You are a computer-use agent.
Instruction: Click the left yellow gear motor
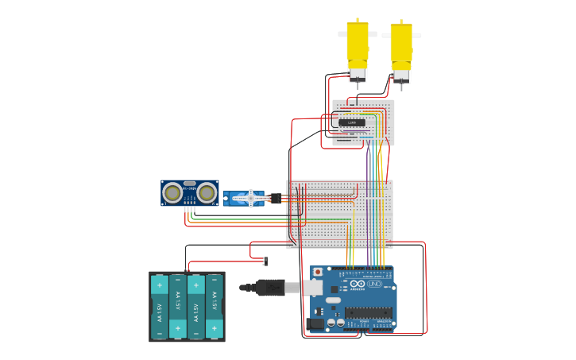pyautogui.click(x=358, y=45)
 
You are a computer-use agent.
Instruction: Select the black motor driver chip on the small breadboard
pyautogui.click(x=352, y=122)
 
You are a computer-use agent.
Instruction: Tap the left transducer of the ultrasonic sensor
pyautogui.click(x=172, y=192)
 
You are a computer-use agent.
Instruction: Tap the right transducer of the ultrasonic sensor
pyautogui.click(x=207, y=192)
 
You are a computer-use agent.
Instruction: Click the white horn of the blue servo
pyautogui.click(x=253, y=198)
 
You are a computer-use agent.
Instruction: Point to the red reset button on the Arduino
pyautogui.click(x=319, y=272)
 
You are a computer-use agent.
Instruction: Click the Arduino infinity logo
pyautogui.click(x=357, y=284)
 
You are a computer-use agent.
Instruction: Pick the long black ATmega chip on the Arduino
pyautogui.click(x=368, y=312)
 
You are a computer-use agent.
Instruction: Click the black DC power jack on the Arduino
pyautogui.click(x=315, y=323)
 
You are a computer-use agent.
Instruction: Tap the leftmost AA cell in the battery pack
pyautogui.click(x=159, y=307)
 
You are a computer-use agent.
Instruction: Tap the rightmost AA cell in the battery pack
pyautogui.click(x=215, y=307)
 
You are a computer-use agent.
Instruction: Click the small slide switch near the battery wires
pyautogui.click(x=265, y=261)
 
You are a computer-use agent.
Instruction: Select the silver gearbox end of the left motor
pyautogui.click(x=358, y=74)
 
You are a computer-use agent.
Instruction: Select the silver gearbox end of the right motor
pyautogui.click(x=401, y=75)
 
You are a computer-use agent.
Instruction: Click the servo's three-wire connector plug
pyautogui.click(x=276, y=198)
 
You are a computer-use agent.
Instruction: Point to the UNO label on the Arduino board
pyautogui.click(x=373, y=284)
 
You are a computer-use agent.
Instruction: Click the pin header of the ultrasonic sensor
pyautogui.click(x=190, y=203)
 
